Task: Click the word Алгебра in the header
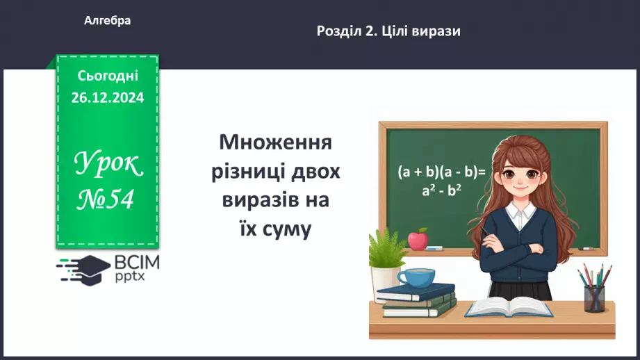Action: pos(107,21)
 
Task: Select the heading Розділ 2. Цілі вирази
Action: pos(388,31)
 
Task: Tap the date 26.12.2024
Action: pos(107,97)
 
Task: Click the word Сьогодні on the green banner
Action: pos(108,76)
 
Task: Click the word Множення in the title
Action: pos(276,142)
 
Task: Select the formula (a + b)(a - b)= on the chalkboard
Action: pos(441,172)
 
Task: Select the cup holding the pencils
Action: pos(594,297)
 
